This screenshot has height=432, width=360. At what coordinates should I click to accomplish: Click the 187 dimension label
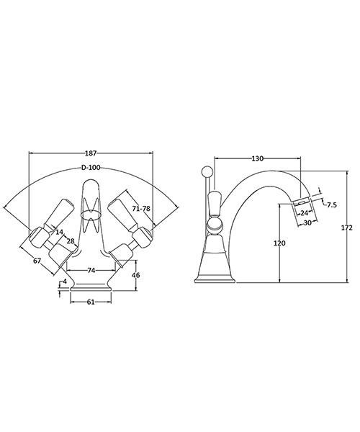91,153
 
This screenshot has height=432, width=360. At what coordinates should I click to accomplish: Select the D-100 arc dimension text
91,167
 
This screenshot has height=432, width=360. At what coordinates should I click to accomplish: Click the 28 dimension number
70,240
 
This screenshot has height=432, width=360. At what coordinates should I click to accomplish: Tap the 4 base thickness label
66,281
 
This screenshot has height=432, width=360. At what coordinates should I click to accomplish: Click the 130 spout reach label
257,158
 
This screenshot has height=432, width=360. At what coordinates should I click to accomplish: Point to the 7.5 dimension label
331,205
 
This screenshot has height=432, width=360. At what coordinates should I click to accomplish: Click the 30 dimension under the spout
307,222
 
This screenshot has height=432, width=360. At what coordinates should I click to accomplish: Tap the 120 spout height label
279,243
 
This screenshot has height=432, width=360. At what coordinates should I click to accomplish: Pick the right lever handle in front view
127,216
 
